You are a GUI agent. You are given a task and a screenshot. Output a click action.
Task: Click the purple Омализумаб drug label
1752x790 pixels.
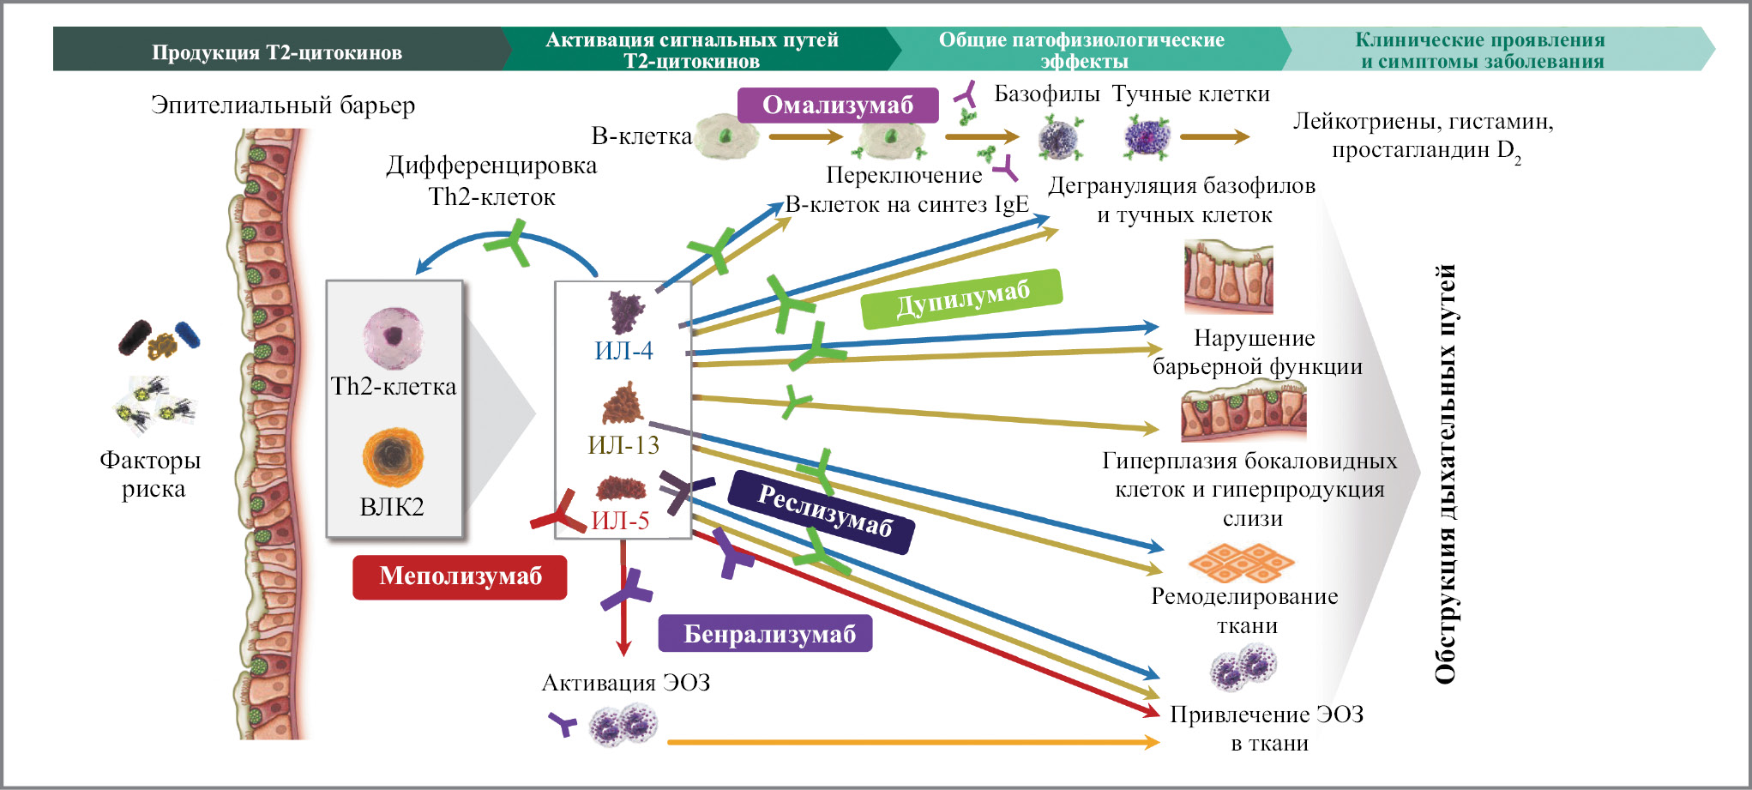coord(838,106)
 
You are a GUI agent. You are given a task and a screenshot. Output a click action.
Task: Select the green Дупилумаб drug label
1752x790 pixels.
coord(961,299)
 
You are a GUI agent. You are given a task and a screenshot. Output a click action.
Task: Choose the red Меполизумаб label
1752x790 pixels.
coord(460,576)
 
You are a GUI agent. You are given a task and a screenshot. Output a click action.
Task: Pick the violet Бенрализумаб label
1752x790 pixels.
coord(765,634)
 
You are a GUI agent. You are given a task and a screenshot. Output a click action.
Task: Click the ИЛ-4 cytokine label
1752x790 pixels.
coord(623,351)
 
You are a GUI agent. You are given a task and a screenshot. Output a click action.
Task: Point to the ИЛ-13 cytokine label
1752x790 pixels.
coord(623,445)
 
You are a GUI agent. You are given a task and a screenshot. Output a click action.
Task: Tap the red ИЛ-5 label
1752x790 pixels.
coord(620,521)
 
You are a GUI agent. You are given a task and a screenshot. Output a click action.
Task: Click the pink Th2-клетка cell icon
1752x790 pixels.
coord(393,338)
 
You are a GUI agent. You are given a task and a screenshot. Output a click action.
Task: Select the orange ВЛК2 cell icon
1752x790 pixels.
coord(393,457)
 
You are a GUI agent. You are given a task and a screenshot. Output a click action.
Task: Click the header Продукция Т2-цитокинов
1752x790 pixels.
coord(277,51)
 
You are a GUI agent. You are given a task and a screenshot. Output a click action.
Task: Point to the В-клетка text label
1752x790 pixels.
coord(641,136)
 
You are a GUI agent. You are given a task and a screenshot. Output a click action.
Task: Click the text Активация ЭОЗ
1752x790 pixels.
coord(626,683)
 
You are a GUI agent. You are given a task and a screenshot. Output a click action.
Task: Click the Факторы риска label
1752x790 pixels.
coord(151,474)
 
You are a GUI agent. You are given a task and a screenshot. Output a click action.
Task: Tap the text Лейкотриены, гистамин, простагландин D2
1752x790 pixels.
coord(1424,136)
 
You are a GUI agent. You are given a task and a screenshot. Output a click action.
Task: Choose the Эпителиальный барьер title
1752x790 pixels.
coord(283,105)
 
